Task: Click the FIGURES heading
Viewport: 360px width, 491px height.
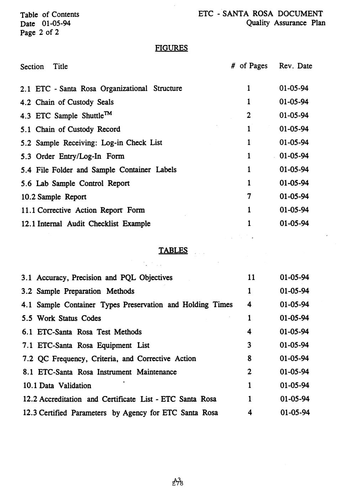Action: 171,48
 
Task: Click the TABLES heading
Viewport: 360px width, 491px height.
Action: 173,250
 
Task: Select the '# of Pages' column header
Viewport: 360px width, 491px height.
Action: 249,66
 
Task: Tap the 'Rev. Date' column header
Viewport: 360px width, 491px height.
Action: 295,66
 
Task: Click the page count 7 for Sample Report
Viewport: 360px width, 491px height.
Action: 249,197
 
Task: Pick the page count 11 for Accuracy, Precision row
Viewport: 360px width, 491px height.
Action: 251,278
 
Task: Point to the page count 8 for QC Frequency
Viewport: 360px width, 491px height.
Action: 249,359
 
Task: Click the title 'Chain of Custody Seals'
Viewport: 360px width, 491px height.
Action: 75,102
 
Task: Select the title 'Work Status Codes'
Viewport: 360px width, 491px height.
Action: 69,318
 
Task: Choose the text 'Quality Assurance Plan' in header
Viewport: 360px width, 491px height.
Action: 285,23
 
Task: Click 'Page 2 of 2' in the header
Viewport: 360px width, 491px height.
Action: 39,33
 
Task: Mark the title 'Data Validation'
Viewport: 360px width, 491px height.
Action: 65,386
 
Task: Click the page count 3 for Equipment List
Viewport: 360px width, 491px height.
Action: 249,345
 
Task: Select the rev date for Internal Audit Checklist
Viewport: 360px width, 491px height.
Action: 294,224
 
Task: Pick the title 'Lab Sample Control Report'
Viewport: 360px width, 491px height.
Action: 83,184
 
